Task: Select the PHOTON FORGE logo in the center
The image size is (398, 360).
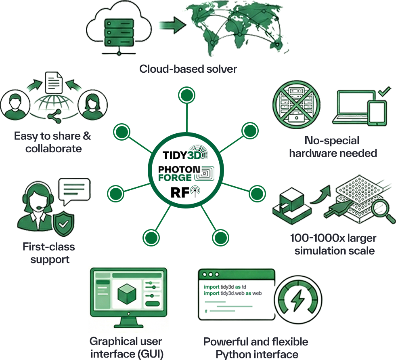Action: coord(186,173)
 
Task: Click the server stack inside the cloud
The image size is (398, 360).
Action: coord(119,32)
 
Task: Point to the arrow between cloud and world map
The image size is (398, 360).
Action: coord(173,25)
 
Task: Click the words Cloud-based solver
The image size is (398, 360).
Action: coord(188,69)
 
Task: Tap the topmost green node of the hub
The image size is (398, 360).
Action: coord(186,95)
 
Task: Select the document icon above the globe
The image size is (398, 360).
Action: coord(54,83)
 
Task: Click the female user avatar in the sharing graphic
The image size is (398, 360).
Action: coord(93,105)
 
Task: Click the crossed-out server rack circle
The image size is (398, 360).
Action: coord(296,105)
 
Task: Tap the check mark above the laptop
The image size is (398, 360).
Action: coord(384,91)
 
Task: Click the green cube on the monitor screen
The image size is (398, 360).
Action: coord(127,294)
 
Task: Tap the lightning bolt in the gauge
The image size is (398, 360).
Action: coord(297,300)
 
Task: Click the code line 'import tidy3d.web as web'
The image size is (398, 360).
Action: coord(233,293)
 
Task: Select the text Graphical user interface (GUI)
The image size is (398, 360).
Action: coord(126,347)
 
